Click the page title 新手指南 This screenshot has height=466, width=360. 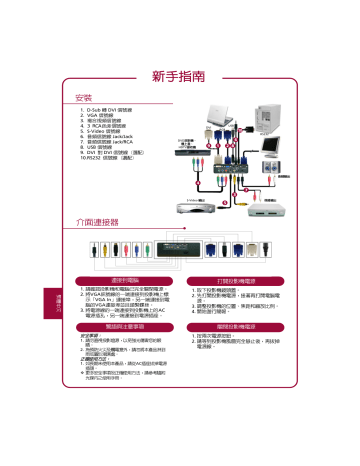tap(179, 75)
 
